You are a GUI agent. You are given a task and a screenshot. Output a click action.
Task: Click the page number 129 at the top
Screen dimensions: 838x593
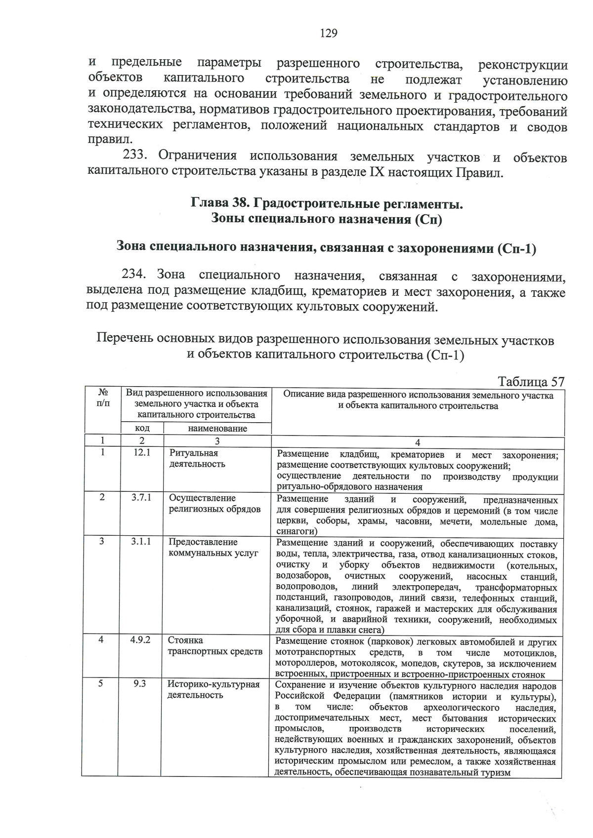(329, 34)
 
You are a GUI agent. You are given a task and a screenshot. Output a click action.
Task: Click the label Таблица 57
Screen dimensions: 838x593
(530, 382)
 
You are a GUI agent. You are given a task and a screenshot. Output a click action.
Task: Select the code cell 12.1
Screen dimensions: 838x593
(142, 452)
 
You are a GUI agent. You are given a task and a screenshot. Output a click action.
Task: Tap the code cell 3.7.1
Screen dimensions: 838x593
(141, 497)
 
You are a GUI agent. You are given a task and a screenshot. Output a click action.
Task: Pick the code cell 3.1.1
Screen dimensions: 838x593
(141, 541)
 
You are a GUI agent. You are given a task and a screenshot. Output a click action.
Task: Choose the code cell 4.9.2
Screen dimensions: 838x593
(140, 639)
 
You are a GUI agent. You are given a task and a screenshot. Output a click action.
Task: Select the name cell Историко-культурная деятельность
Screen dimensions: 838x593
(213, 689)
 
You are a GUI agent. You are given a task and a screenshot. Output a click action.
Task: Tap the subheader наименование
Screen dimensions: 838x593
(217, 429)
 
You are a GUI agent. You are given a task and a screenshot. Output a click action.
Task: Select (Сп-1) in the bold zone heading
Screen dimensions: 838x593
(517, 247)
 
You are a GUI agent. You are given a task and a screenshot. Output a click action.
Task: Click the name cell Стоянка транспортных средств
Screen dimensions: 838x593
(214, 645)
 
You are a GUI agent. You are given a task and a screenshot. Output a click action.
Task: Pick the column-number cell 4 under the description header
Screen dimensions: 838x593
(418, 443)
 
